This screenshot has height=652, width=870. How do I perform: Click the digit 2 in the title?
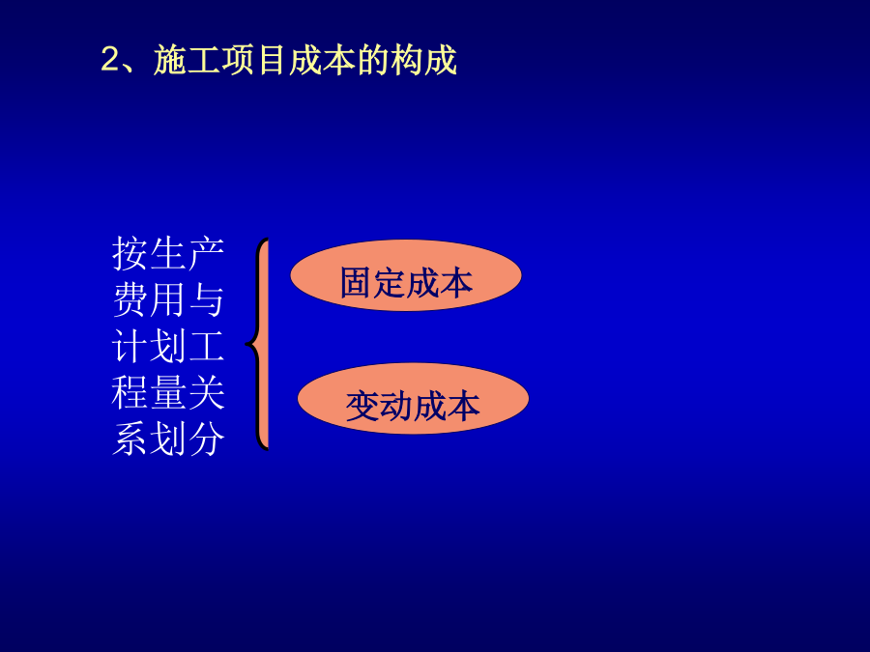click(110, 59)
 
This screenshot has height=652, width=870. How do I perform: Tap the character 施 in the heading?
click(170, 59)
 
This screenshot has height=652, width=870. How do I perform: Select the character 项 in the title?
click(238, 59)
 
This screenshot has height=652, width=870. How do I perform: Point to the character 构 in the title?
click(407, 59)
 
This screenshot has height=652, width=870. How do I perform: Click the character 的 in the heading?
click(373, 59)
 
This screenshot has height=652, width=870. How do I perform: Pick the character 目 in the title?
click(272, 59)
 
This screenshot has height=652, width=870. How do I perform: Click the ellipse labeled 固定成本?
click(406, 275)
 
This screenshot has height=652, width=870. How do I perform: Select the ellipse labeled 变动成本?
click(413, 398)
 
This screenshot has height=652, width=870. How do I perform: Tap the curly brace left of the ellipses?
click(258, 344)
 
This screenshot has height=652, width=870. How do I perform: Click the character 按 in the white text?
click(130, 254)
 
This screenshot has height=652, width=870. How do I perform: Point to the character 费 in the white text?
click(130, 300)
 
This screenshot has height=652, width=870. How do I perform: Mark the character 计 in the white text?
click(130, 347)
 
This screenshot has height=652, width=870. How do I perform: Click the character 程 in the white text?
click(130, 393)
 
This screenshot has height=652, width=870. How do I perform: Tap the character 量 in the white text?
click(168, 393)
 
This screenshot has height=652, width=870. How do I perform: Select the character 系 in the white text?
click(130, 439)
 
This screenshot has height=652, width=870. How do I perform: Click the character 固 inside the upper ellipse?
click(356, 283)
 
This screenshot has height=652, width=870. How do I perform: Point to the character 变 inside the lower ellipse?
click(362, 407)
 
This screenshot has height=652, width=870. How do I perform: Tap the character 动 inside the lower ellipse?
click(396, 407)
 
